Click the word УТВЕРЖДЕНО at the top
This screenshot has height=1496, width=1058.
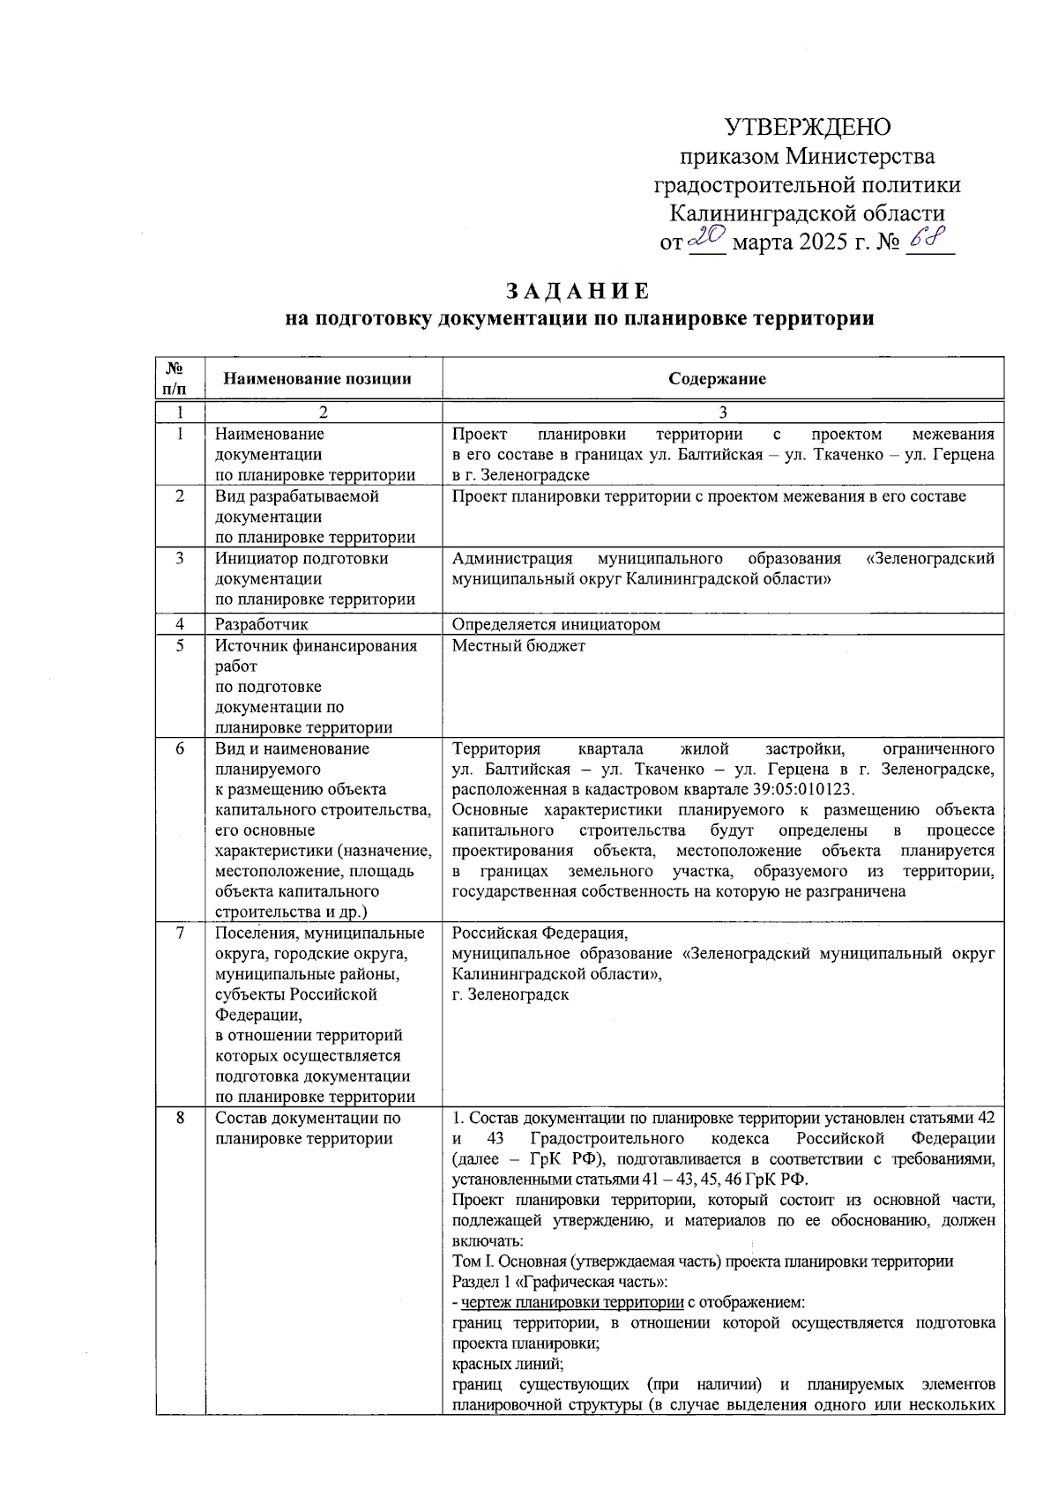807,128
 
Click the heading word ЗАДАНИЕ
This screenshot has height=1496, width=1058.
578,292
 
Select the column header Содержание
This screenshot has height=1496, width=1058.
717,379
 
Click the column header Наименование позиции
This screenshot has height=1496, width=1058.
317,379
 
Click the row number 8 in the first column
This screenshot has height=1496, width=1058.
180,1118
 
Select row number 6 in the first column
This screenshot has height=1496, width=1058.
180,748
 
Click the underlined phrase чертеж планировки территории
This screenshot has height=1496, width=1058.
572,1302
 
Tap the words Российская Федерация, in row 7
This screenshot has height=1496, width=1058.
540,933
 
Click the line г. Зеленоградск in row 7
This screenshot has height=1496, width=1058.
510,994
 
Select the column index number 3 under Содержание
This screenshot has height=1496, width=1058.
723,413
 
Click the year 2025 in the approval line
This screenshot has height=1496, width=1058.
824,242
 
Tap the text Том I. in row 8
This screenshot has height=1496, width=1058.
472,1262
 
